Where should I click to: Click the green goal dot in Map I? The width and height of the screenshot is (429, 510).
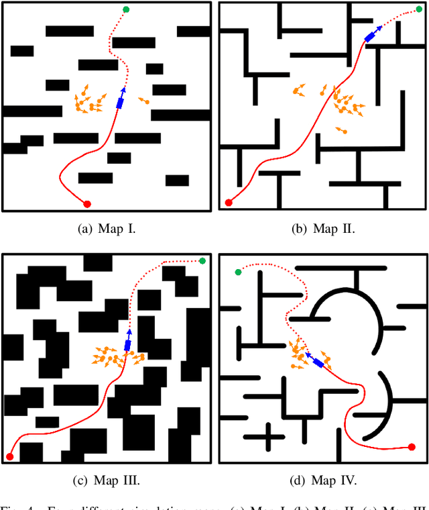[x=126, y=9]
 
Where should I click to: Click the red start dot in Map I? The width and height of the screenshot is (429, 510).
[x=86, y=203]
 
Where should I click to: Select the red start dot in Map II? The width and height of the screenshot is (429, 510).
[x=229, y=203]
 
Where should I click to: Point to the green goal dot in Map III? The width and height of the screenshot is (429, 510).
[x=202, y=260]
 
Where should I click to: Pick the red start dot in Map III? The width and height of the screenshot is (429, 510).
[x=9, y=457]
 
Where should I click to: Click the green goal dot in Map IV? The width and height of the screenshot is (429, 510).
[x=238, y=272]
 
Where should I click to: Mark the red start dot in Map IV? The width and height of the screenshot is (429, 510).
[x=412, y=447]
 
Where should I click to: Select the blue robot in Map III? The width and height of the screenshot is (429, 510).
[x=127, y=345]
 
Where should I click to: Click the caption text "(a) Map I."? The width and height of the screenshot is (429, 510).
[x=107, y=229]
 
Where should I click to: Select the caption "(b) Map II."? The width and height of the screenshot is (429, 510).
[x=324, y=229]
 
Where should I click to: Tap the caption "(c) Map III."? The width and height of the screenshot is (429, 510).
[x=107, y=480]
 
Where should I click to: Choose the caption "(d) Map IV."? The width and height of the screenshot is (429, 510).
[x=324, y=480]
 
